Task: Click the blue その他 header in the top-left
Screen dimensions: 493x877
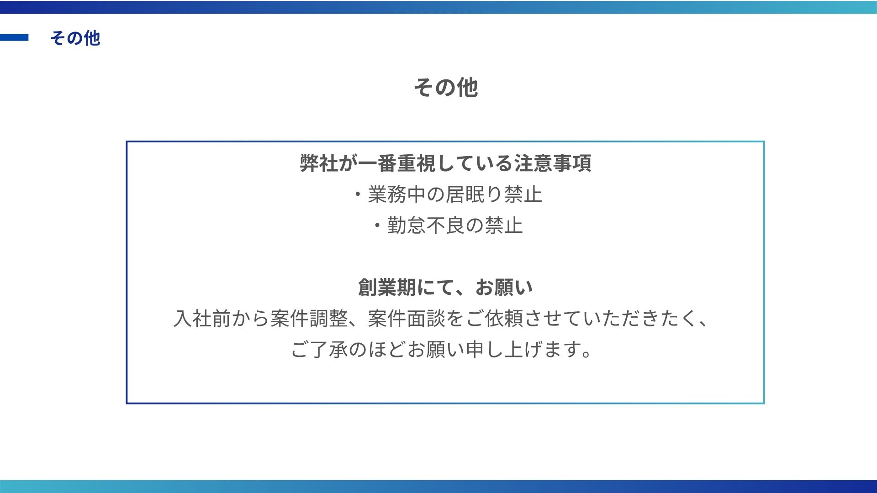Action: (x=75, y=38)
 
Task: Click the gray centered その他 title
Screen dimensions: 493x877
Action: (x=446, y=87)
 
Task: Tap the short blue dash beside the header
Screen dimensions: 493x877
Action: (x=14, y=37)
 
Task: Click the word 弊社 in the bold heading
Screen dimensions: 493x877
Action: (x=319, y=163)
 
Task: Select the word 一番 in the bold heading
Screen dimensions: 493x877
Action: (x=377, y=163)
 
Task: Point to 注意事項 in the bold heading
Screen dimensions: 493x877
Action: (x=553, y=163)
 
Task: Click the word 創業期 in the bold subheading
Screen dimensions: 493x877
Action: (x=387, y=288)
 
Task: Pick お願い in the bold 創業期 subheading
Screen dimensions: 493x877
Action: (x=504, y=288)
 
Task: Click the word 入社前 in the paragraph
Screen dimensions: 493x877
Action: (x=202, y=319)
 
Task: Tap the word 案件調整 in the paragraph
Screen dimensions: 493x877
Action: (x=309, y=319)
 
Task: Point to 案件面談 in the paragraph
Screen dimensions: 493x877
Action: (x=407, y=319)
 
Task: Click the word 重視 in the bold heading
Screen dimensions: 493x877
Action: (x=416, y=163)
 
